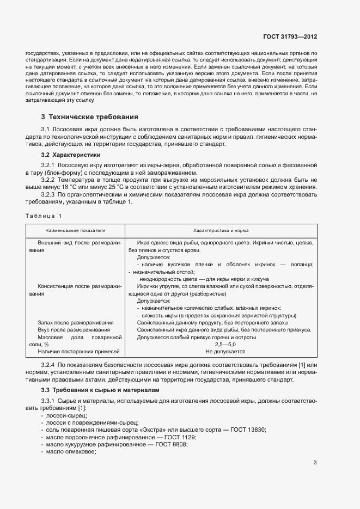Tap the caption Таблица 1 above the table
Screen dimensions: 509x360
[x=44, y=216]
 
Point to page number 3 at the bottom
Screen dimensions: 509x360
[x=315, y=463]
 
